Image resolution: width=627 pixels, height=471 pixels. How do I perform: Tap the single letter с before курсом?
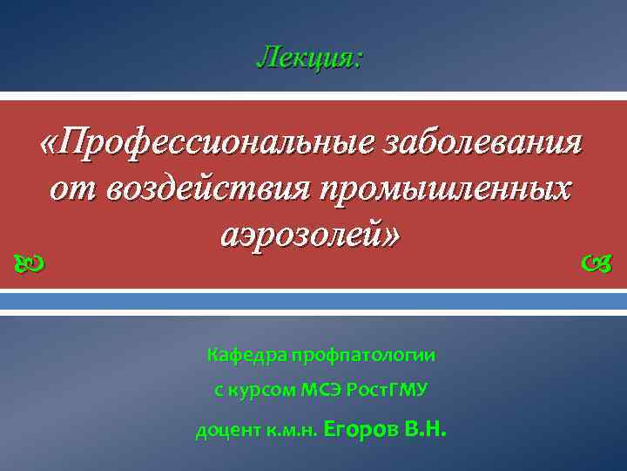(x=219, y=390)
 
